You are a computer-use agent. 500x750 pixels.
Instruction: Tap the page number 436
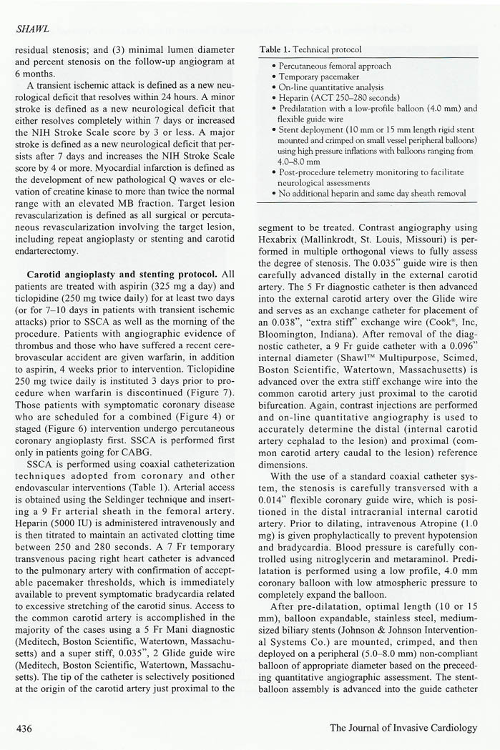pyautogui.click(x=29, y=728)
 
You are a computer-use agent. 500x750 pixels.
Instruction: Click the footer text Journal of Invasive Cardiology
pyautogui.click(x=403, y=728)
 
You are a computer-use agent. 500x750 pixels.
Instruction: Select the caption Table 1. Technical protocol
pyautogui.click(x=311, y=50)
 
